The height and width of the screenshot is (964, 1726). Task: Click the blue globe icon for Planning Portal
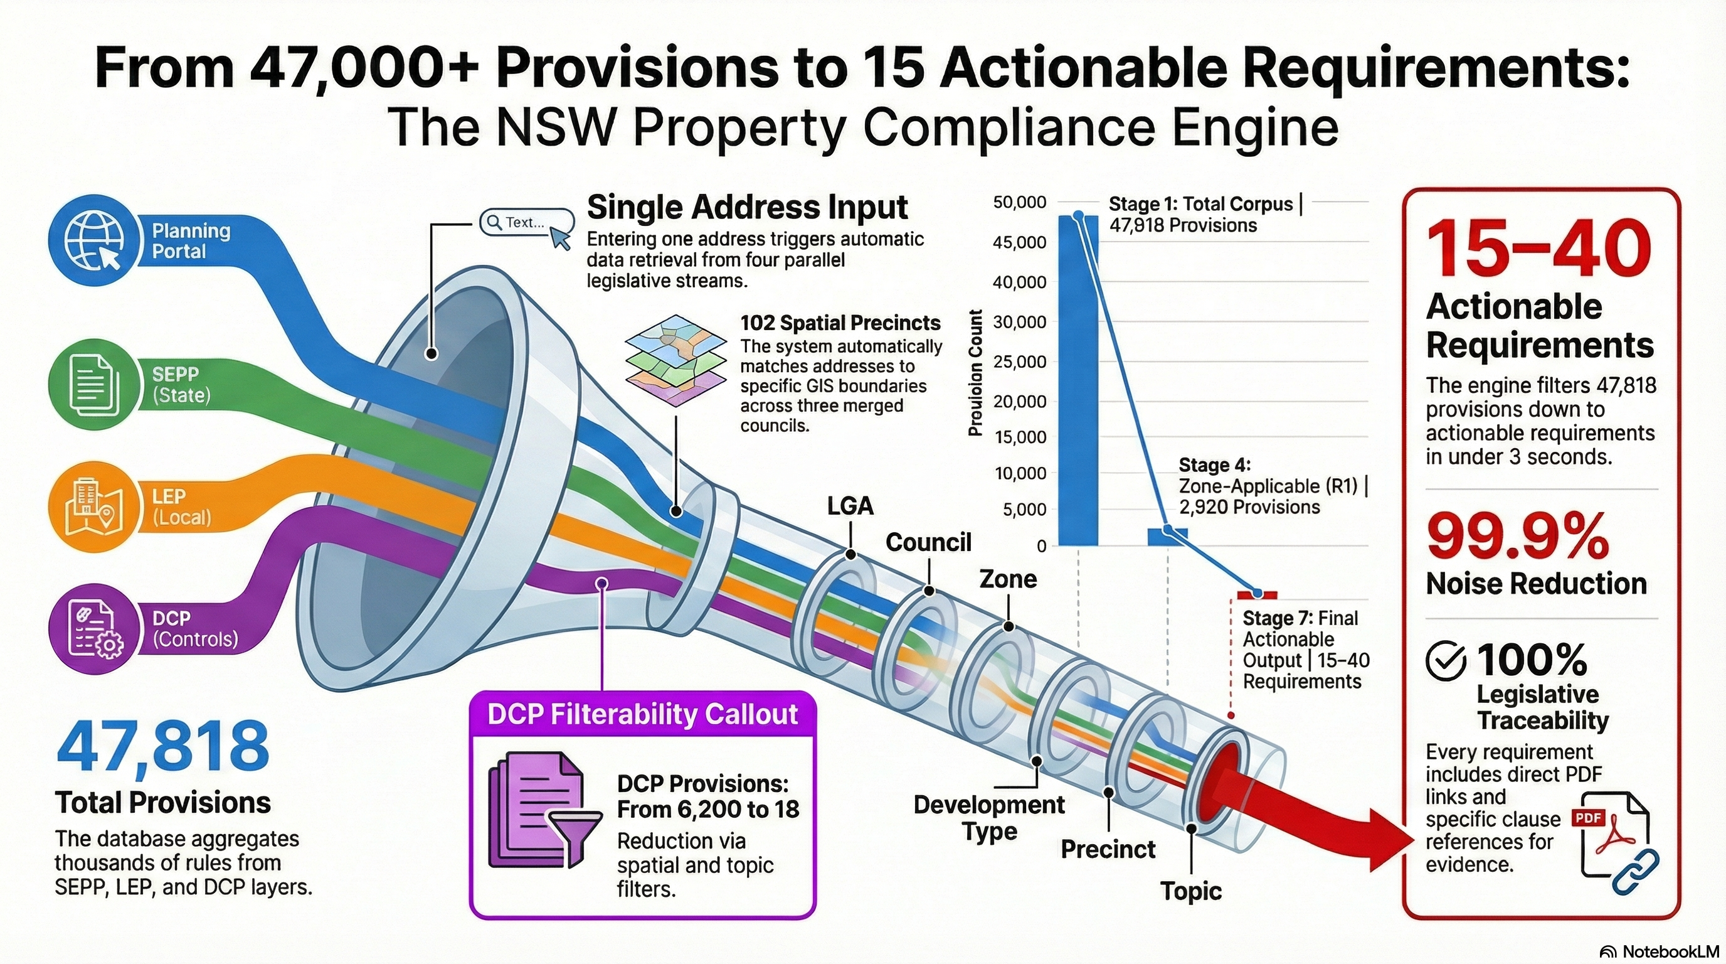[x=95, y=240]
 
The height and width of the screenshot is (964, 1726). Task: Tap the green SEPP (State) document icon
[x=95, y=385]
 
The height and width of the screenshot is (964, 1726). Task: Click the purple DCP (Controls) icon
[x=95, y=629]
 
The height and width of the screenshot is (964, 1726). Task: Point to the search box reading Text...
[x=527, y=223]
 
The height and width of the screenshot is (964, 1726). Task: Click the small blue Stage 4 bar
[x=1167, y=537]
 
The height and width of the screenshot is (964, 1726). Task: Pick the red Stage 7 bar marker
[x=1257, y=594]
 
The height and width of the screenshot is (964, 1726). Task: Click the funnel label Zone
[x=1008, y=579]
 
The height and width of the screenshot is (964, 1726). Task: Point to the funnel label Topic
[x=1190, y=891]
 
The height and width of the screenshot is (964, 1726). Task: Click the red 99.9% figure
[x=1518, y=537]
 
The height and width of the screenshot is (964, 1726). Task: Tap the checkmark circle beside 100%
[x=1445, y=661]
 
